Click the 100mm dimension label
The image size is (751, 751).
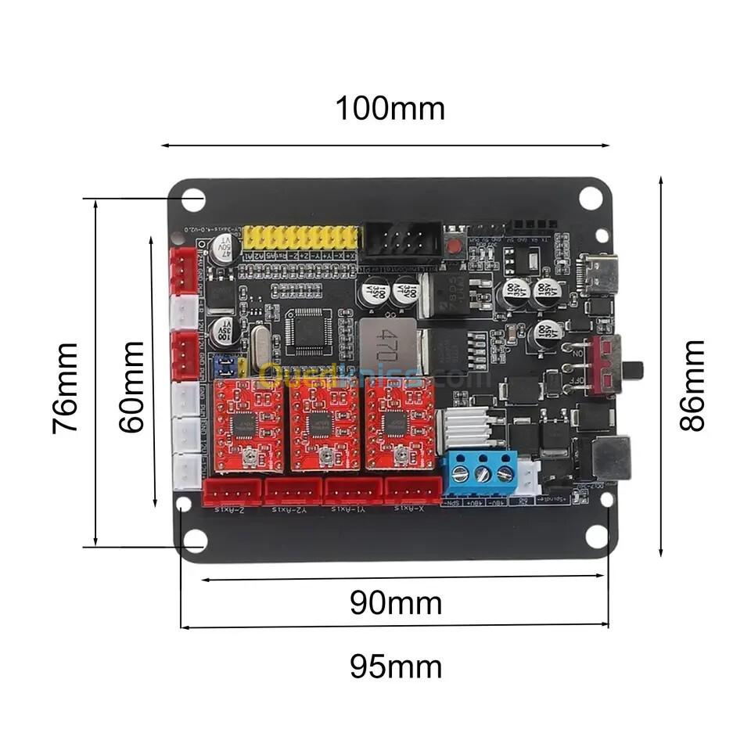[x=390, y=109]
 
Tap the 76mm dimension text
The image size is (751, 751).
[x=65, y=388]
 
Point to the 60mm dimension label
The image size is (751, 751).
[x=132, y=386]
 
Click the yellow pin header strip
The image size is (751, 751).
[x=300, y=238]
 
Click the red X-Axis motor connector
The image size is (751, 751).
[x=411, y=491]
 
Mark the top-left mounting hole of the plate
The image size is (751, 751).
[x=192, y=199]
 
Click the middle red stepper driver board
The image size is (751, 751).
[x=325, y=426]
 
